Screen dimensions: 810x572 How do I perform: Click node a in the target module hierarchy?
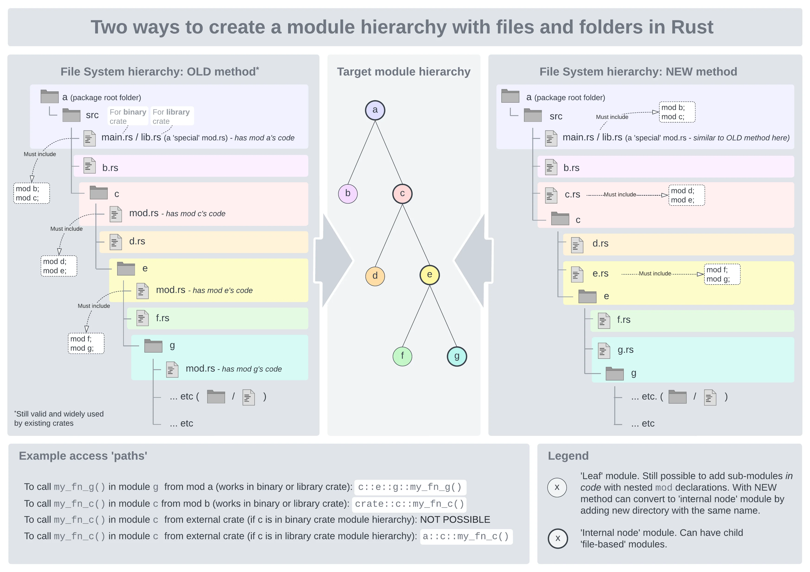tap(375, 110)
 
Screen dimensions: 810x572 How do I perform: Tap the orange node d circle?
tap(375, 276)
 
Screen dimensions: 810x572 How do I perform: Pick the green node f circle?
tap(402, 356)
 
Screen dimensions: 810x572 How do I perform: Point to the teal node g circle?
tap(457, 356)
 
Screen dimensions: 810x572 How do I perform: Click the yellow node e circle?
tap(429, 275)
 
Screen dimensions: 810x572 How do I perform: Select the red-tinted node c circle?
tap(402, 194)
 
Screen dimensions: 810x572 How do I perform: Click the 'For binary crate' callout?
tap(128, 116)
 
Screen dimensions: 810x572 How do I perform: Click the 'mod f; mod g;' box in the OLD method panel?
tap(86, 343)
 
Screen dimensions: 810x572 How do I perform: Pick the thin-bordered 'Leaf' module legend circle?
tap(557, 487)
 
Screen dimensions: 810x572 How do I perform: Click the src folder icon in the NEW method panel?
tap(533, 116)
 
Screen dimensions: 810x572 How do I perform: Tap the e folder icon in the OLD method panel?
tap(126, 269)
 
